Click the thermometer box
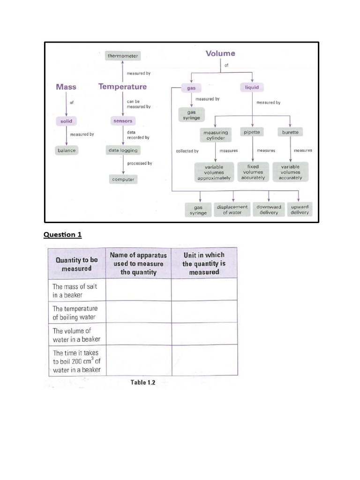click(123, 56)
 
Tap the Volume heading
click(220, 53)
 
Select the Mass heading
click(66, 87)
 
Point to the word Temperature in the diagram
click(122, 87)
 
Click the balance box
click(66, 150)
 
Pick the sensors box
click(123, 121)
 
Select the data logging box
click(123, 150)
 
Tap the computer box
click(123, 179)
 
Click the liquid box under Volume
click(252, 87)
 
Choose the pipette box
click(252, 133)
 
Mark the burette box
click(290, 133)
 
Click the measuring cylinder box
click(215, 135)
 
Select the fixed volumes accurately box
click(253, 172)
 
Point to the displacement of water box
click(232, 210)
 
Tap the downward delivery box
click(269, 210)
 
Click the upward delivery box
click(300, 210)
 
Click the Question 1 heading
click(63, 235)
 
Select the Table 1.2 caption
click(142, 382)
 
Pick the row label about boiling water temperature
click(75, 313)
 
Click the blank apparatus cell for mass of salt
click(138, 290)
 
